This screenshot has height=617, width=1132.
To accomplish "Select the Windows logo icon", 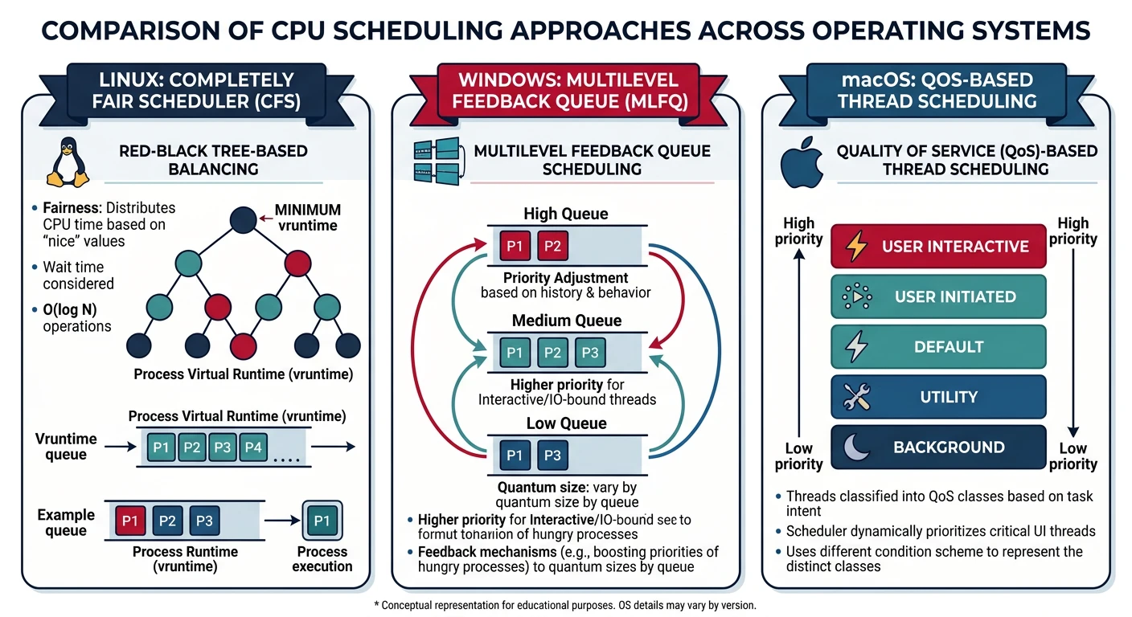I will [x=435, y=158].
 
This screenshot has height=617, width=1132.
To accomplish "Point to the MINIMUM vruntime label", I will [x=306, y=217].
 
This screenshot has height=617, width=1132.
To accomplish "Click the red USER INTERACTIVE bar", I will [x=937, y=246].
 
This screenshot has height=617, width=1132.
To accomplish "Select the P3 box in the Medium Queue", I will [x=589, y=353].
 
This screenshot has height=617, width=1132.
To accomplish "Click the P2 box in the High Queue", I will [x=552, y=246].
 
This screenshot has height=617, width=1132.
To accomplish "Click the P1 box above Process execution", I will [x=322, y=521].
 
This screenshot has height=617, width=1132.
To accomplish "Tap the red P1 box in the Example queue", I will [x=129, y=521].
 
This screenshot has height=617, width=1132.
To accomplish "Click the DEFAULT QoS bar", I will [x=937, y=347].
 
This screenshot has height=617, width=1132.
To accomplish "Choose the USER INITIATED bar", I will [x=937, y=296].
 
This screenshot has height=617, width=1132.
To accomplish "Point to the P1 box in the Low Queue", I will [x=515, y=456].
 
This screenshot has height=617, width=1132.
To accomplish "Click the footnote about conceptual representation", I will [x=565, y=605].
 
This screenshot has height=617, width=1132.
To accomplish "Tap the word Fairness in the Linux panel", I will [x=75, y=207].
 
